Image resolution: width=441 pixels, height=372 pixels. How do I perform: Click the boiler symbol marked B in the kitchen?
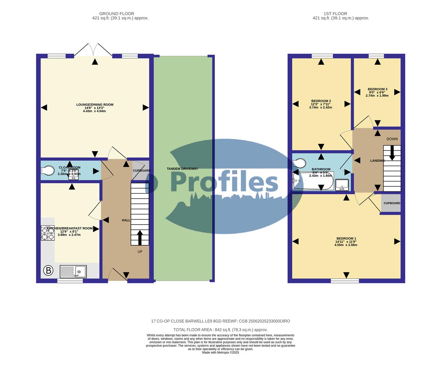tap(48, 271)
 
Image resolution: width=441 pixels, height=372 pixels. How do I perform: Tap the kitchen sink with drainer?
tap(73, 271)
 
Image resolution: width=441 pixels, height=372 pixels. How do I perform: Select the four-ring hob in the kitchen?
tap(48, 232)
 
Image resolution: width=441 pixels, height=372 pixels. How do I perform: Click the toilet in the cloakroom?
tap(48, 170)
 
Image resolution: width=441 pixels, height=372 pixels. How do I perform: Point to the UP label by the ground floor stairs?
tap(140, 252)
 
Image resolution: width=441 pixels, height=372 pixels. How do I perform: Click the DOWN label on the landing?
tap(392, 139)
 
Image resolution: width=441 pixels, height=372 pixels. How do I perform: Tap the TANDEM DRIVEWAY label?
tap(182, 169)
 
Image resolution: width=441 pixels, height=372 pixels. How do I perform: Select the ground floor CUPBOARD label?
tap(142, 171)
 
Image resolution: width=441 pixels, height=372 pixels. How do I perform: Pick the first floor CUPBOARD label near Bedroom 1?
tap(392, 203)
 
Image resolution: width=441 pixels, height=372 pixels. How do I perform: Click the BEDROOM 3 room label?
tap(377, 89)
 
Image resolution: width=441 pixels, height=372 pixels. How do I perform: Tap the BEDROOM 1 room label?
tap(346, 238)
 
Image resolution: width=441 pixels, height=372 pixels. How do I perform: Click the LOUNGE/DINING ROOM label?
tap(95, 105)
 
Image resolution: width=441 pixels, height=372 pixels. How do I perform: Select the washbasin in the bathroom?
tap(342, 185)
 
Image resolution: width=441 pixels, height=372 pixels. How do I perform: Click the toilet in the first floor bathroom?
tap(299, 163)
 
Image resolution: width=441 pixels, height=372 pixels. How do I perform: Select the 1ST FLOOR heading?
tap(340, 14)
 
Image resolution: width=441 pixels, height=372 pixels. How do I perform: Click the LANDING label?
tap(377, 161)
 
